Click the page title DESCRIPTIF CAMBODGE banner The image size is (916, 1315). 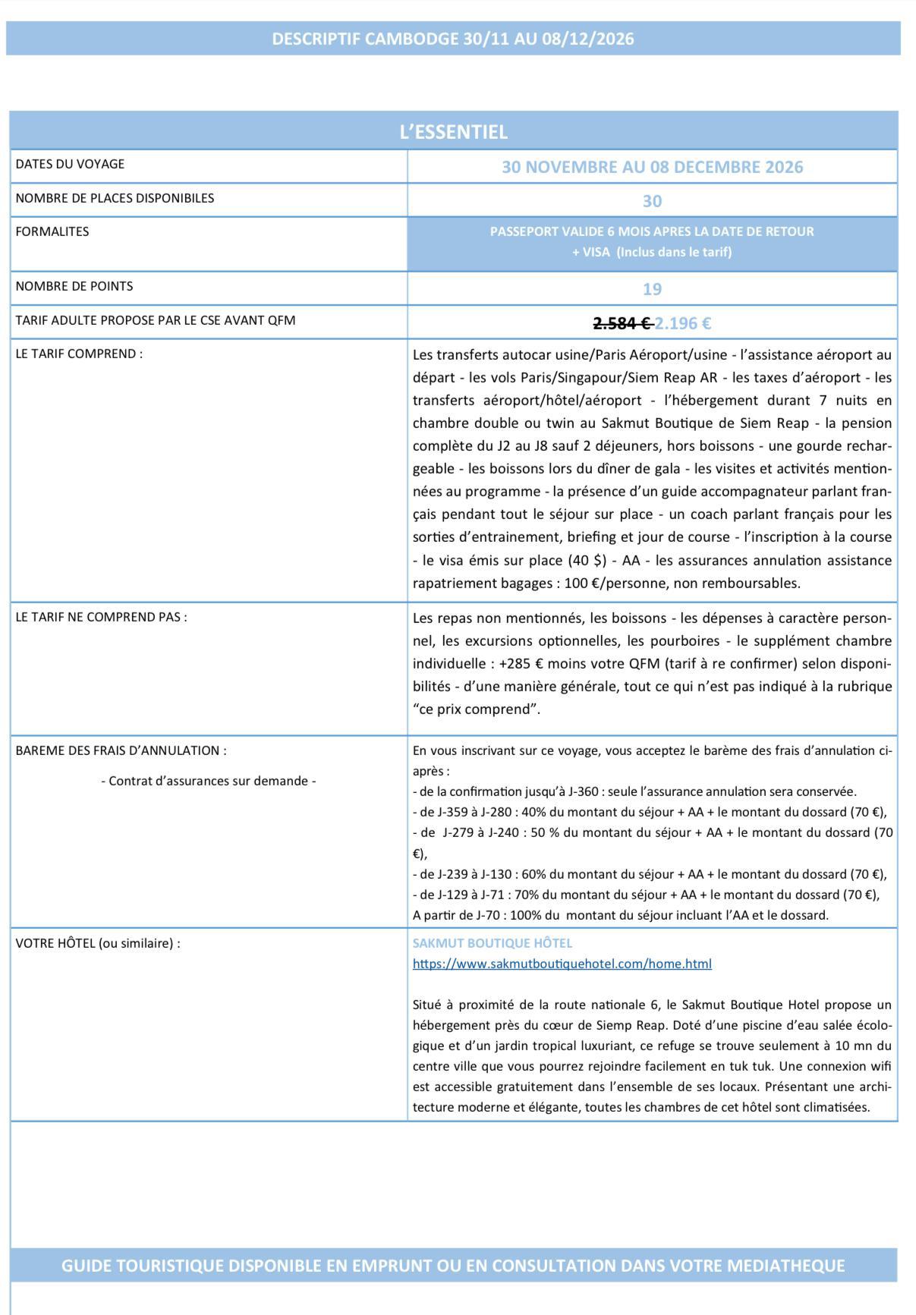453,39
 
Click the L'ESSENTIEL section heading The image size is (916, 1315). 453,132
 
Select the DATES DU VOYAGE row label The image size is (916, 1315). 70,164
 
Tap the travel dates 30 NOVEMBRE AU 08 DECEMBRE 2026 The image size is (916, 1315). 652,167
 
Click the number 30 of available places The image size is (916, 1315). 652,201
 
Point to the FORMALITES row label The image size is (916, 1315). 52,231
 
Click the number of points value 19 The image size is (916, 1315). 652,289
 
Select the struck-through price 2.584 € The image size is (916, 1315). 622,323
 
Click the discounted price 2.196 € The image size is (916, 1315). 683,323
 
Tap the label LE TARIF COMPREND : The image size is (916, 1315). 79,354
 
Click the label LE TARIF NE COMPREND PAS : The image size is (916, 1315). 101,617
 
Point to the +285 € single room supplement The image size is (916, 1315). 521,664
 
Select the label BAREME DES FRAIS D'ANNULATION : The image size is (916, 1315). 121,750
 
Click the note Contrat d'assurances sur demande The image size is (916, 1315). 208,781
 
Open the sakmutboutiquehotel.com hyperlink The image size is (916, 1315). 562,964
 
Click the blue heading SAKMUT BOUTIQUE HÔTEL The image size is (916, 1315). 493,943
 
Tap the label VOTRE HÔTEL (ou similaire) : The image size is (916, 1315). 98,943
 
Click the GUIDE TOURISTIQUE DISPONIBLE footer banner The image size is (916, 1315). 453,1266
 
